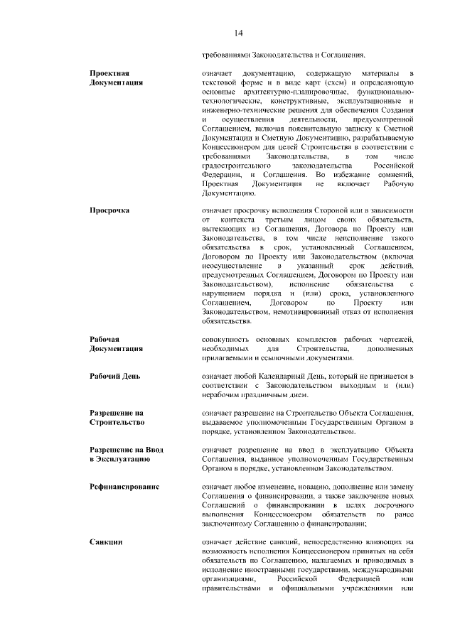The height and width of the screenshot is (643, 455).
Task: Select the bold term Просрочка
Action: tap(109, 210)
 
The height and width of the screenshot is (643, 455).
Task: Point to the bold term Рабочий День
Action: tap(114, 375)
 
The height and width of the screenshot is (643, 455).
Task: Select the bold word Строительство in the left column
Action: tap(118, 423)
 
